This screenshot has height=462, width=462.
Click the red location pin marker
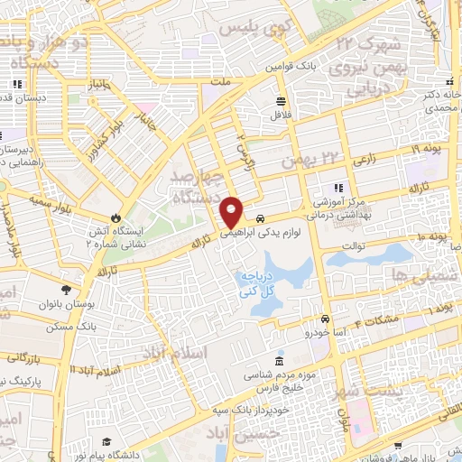point(232,211)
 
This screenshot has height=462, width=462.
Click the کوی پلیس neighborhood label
point(249,28)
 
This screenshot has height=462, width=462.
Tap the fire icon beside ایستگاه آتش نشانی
point(115,217)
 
